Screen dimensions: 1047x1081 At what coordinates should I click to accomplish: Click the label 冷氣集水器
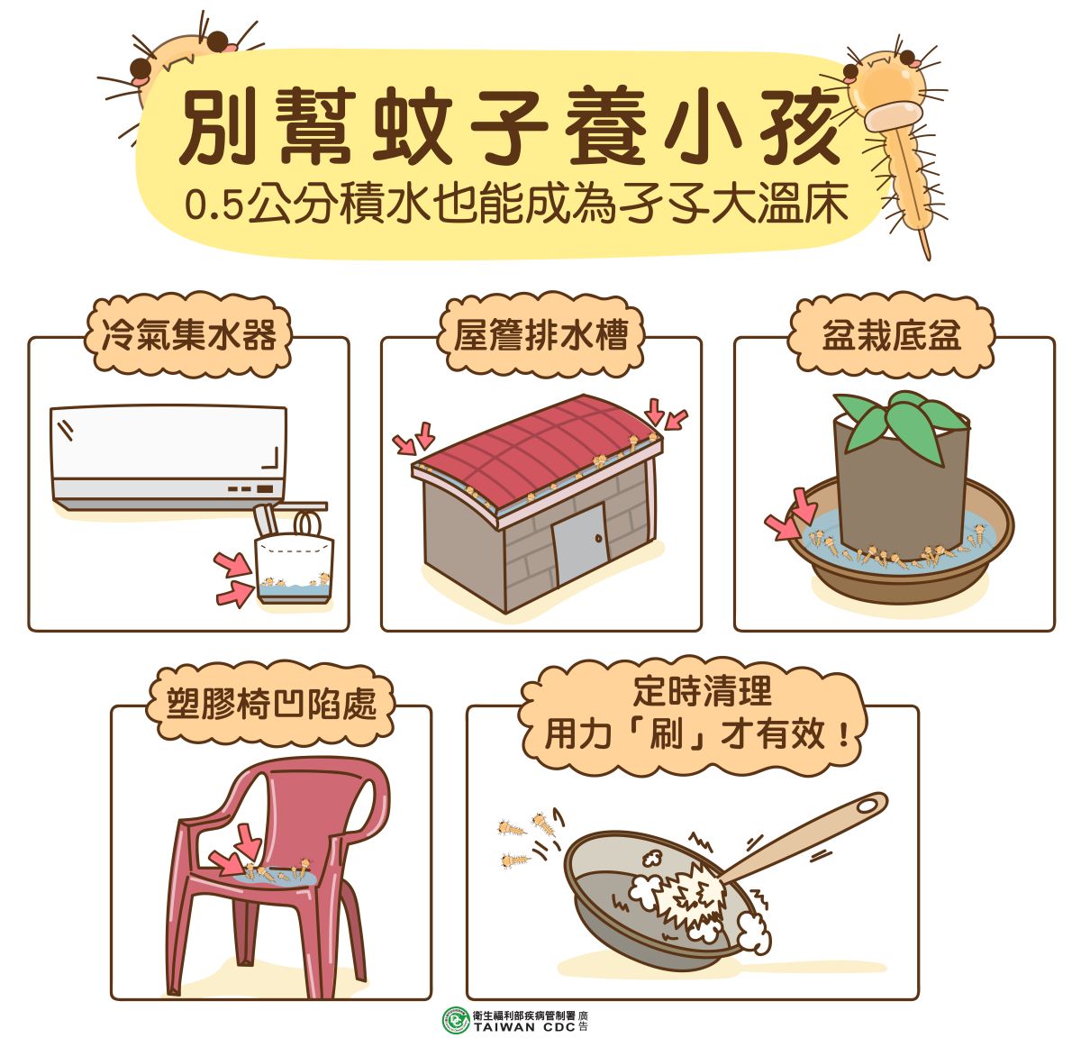[x=189, y=336]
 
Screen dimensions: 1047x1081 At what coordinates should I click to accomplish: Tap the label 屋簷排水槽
[x=540, y=336]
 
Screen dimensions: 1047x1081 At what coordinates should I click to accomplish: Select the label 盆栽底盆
[x=891, y=336]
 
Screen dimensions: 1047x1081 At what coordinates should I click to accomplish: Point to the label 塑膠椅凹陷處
[x=271, y=705]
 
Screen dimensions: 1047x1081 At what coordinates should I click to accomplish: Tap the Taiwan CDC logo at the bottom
[x=456, y=1020]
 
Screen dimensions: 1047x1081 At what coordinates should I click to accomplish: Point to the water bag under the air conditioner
[x=294, y=569]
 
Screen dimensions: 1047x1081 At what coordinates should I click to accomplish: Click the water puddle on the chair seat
[x=270, y=874]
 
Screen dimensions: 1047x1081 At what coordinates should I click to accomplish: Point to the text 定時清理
[x=703, y=692]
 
